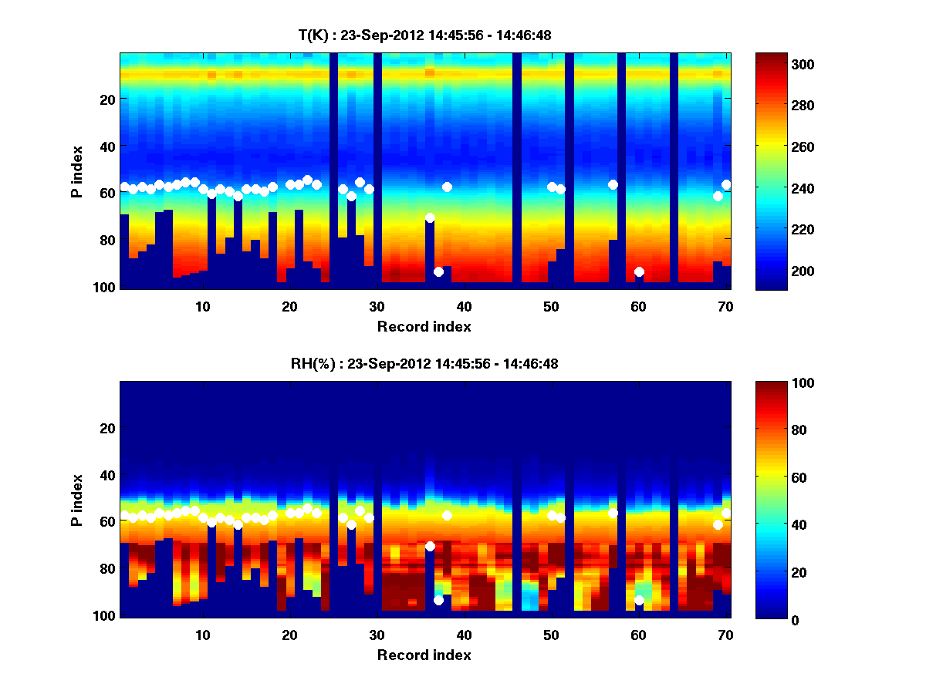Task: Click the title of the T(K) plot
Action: [424, 35]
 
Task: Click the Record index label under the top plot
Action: [424, 326]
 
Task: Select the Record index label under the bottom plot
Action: [424, 655]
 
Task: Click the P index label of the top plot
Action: [77, 170]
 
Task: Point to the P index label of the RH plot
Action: [77, 499]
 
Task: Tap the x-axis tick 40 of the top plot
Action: [464, 306]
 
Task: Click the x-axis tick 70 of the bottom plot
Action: [725, 635]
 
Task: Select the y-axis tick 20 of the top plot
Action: [106, 99]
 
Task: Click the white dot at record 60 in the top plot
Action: [639, 271]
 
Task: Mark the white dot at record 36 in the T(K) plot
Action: [430, 217]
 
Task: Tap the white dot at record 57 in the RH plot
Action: [613, 513]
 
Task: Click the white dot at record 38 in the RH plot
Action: [447, 515]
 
